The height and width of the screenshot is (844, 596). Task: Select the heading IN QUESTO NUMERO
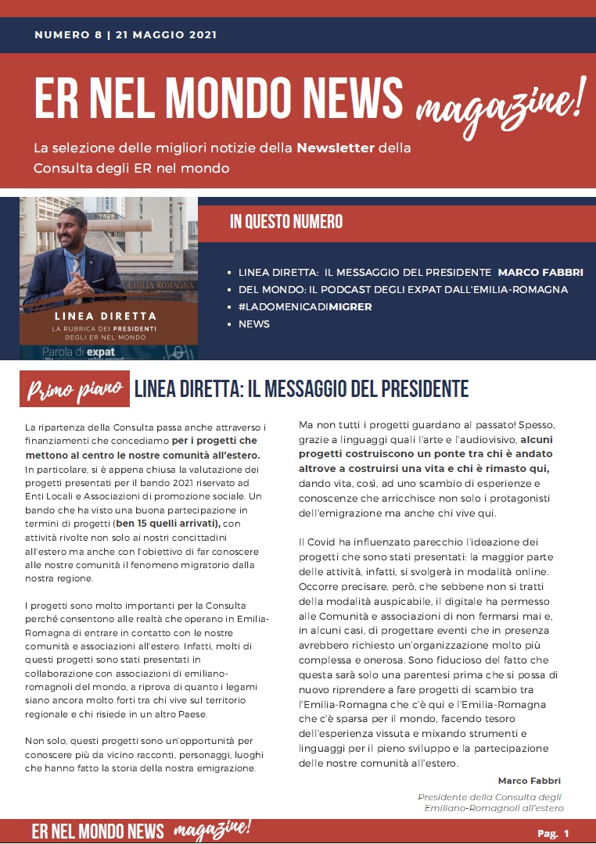coord(286,222)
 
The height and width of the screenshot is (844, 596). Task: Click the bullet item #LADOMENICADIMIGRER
coord(305,306)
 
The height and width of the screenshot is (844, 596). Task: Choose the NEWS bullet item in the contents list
coord(253,324)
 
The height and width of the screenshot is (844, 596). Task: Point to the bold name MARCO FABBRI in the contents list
coord(540,272)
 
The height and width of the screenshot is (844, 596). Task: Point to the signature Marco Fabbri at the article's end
coord(529,781)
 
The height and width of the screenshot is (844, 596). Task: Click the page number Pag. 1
coord(552,833)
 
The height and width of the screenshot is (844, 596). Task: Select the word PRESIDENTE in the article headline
coord(407,388)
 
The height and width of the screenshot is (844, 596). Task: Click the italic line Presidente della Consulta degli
coord(490,797)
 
